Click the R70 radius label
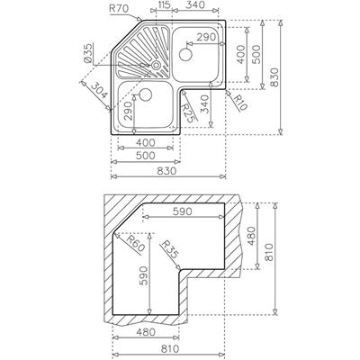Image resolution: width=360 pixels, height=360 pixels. click(119, 8)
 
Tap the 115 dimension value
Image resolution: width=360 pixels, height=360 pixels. click(164, 4)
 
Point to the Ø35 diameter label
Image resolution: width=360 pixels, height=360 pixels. click(88, 53)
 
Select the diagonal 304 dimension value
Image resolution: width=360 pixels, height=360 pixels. click(99, 91)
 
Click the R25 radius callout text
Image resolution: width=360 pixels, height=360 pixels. click(189, 112)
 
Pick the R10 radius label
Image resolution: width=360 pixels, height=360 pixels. click(240, 103)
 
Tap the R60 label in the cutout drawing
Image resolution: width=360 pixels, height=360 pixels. click(136, 243)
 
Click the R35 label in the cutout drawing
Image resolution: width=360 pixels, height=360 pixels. click(169, 249)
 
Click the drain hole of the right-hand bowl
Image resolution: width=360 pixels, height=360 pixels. click(185, 54)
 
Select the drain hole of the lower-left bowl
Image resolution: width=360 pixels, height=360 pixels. click(146, 94)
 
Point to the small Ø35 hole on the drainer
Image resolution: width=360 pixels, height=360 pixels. click(156, 65)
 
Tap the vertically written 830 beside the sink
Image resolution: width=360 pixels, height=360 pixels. click(274, 77)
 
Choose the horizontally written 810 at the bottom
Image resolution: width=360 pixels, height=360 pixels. click(169, 349)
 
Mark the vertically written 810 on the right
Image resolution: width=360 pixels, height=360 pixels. click(269, 252)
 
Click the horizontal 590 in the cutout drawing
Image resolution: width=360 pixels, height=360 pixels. click(182, 211)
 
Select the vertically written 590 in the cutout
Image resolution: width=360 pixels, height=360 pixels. click(143, 275)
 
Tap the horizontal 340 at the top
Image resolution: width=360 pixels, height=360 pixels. click(195, 4)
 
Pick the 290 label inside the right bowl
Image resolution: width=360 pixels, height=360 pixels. click(206, 37)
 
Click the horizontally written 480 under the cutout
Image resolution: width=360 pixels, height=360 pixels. click(146, 332)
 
